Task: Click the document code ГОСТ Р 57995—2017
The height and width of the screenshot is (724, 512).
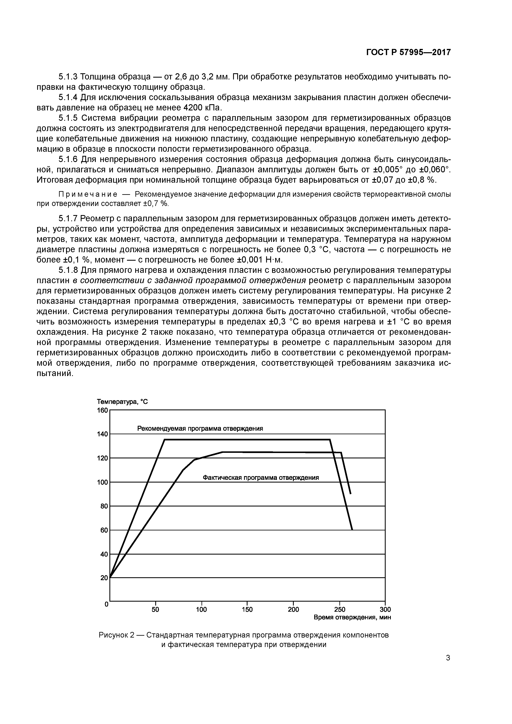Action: coord(409,53)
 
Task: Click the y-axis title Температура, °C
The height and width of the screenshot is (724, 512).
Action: coord(122,402)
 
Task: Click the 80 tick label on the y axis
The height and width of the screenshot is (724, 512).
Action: coord(104,506)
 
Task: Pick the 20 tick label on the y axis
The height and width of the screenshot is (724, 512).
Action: coord(104,578)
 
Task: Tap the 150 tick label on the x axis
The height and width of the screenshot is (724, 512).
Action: coord(247,609)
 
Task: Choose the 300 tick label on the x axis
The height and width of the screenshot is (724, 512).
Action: coord(385,609)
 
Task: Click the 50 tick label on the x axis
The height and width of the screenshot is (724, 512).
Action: coord(155,609)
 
